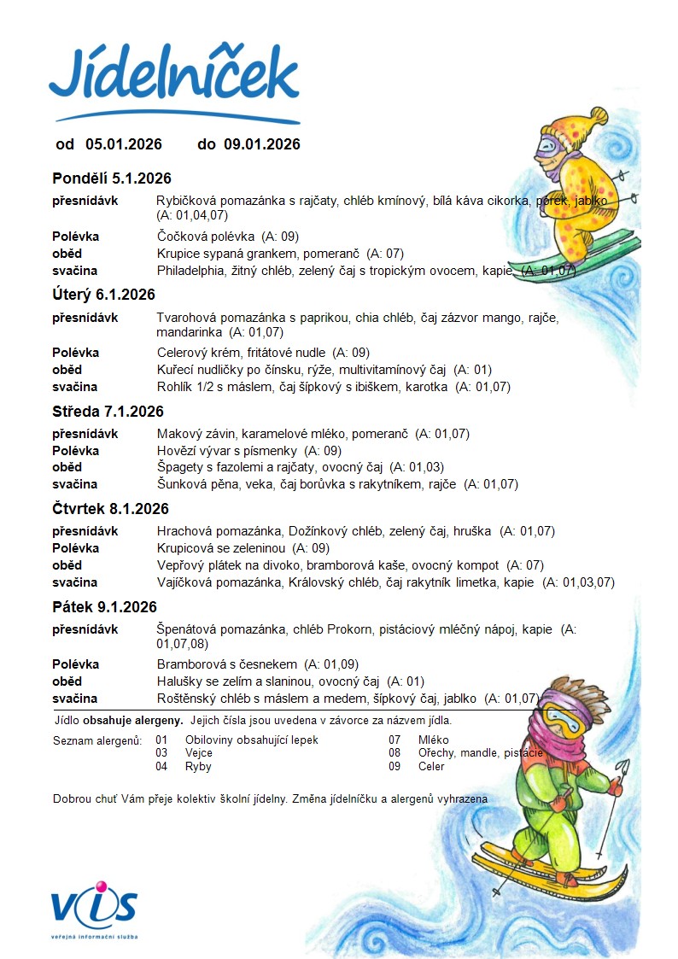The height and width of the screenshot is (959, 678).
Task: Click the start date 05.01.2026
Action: point(123,144)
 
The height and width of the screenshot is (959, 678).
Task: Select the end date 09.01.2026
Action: point(262,144)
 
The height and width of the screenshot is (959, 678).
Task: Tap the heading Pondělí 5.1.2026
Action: point(112,178)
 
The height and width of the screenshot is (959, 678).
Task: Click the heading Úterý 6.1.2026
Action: point(103,295)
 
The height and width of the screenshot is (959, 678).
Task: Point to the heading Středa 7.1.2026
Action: point(108,412)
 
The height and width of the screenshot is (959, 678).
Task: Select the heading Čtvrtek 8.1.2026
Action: point(110,509)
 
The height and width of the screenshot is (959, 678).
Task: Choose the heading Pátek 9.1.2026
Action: point(104,607)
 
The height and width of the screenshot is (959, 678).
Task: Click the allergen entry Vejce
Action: point(199,753)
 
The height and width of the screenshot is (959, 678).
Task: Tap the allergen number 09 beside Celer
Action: point(395,766)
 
